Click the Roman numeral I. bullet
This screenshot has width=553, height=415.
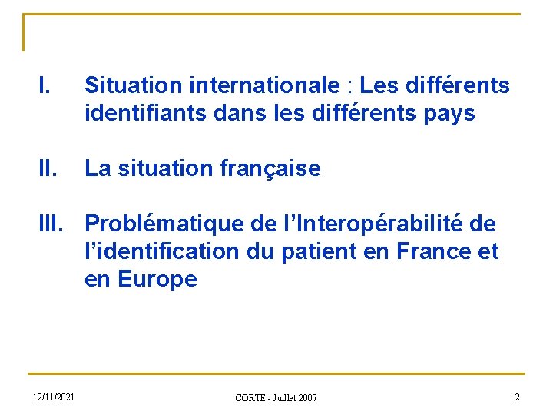[44, 85]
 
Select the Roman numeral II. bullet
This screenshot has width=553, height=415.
[46, 168]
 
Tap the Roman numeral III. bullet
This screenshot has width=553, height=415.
[51, 224]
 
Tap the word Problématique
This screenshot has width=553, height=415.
[165, 224]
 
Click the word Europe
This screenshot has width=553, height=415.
[157, 279]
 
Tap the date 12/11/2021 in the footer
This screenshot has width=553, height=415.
[54, 397]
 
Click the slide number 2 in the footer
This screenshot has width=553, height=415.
[517, 397]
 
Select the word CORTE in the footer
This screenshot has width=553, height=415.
[250, 397]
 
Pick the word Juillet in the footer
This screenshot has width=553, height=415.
[286, 397]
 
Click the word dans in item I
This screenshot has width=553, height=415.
[237, 114]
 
